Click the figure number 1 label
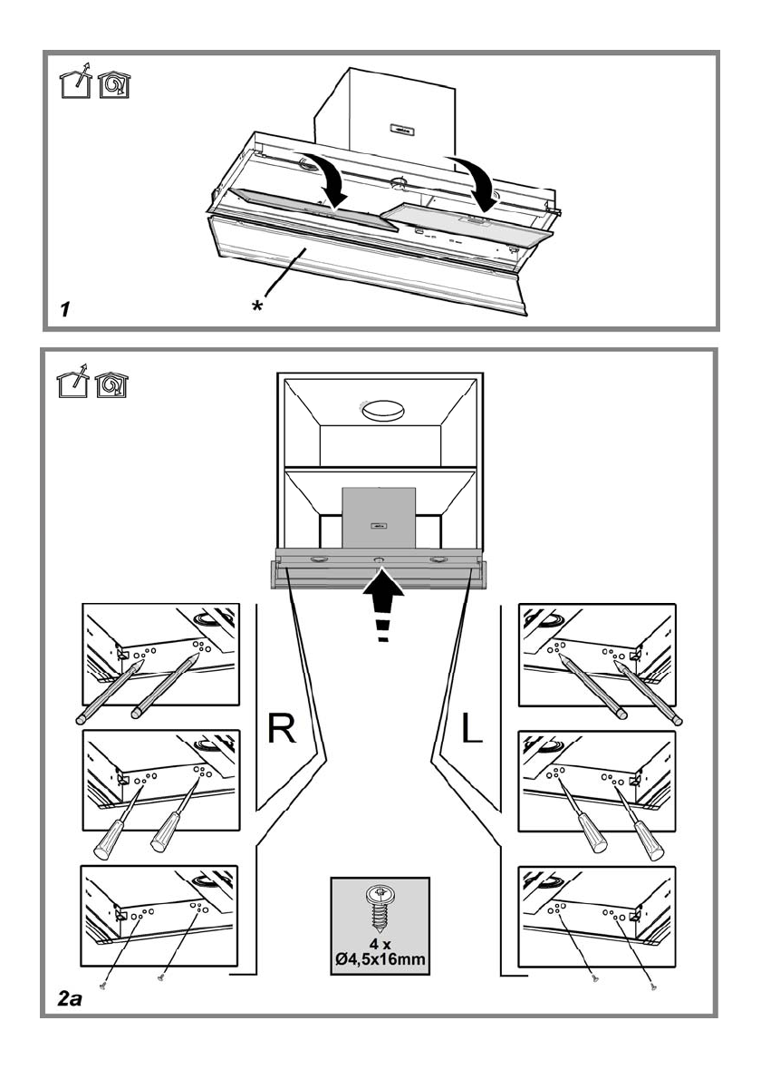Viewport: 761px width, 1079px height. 64,309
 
